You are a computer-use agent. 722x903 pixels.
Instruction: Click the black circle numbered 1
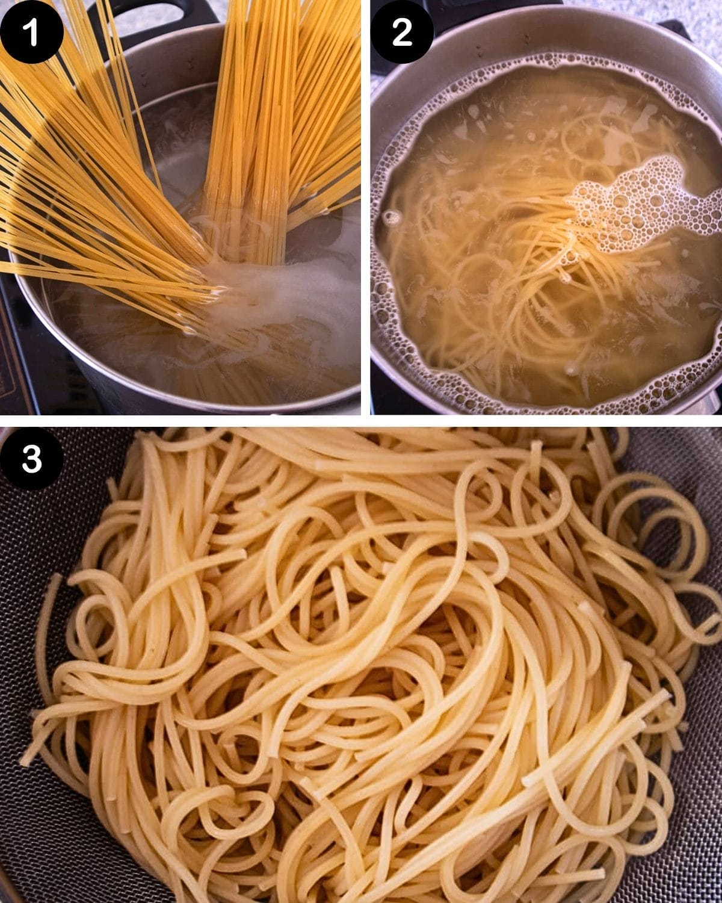click(31, 31)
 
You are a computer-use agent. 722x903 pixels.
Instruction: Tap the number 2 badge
click(402, 31)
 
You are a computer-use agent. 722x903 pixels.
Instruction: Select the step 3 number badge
click(31, 459)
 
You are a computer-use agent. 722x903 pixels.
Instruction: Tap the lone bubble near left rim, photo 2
click(392, 217)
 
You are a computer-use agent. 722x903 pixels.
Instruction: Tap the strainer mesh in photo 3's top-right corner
click(692, 458)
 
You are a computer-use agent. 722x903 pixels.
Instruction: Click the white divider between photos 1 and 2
click(365, 205)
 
